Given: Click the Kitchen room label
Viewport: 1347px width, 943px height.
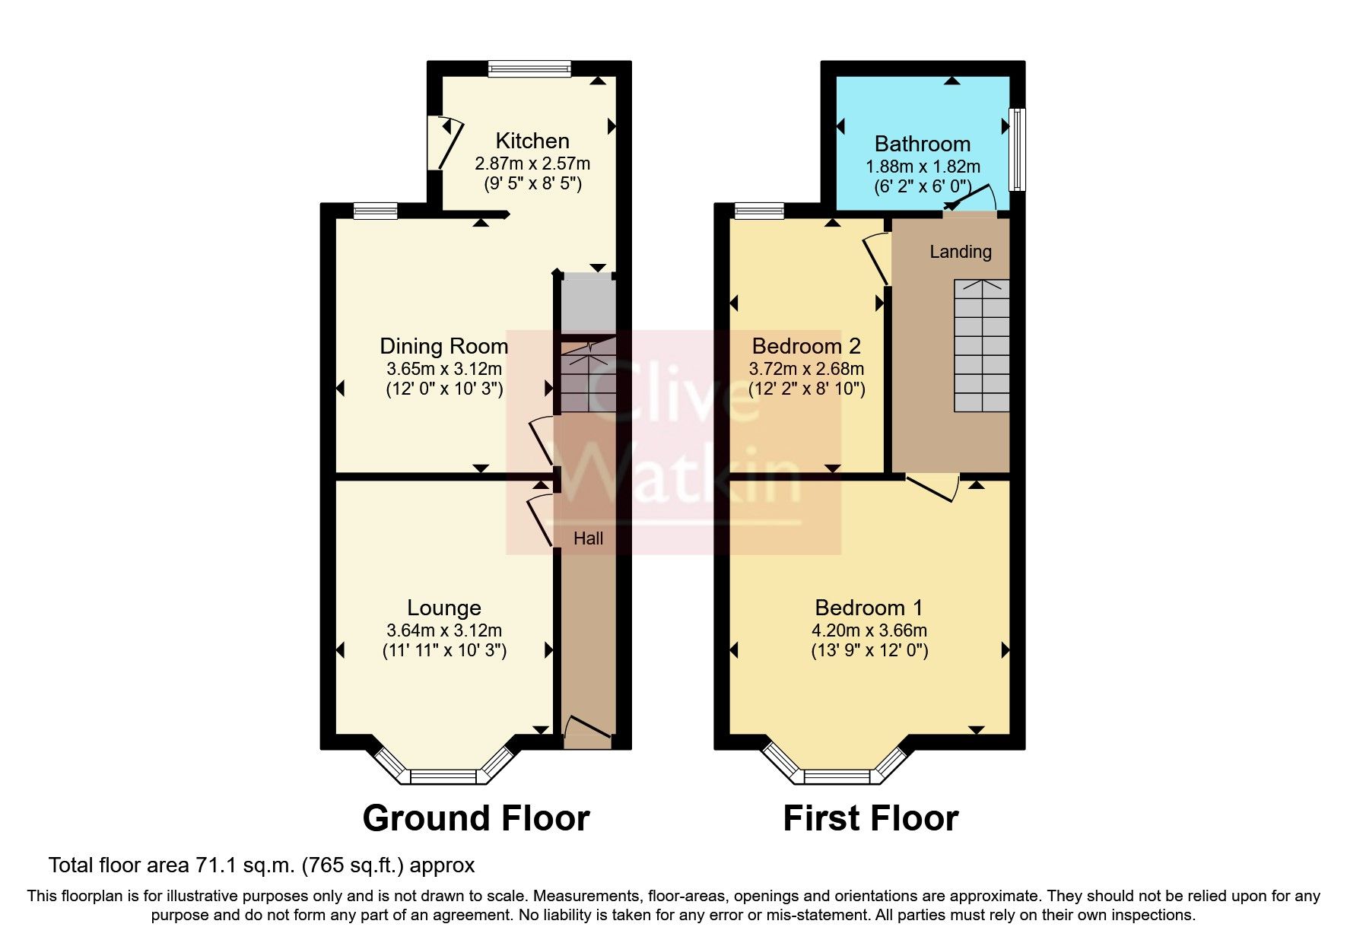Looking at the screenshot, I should [x=532, y=141].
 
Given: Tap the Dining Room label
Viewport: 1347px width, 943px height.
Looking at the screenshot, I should [x=443, y=346].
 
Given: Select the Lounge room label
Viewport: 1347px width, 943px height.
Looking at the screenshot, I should [x=444, y=608].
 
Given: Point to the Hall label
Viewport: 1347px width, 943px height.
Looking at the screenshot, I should [x=588, y=538].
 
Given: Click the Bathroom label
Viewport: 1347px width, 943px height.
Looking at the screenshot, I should [x=922, y=144].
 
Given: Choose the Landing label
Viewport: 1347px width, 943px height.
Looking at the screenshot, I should [x=961, y=252].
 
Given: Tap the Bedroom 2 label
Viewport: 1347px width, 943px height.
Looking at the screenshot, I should [x=806, y=346].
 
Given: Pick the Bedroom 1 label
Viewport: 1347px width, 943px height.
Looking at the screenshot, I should [x=869, y=608].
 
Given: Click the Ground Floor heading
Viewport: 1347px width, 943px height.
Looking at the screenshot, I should [x=476, y=818].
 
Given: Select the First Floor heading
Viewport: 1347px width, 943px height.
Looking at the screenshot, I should [x=870, y=818].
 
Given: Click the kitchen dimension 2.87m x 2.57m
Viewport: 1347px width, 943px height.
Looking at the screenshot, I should [x=532, y=164].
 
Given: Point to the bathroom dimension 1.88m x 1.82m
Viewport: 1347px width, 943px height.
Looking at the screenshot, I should [x=923, y=166].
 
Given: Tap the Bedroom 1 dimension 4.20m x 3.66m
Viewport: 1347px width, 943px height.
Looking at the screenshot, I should [x=869, y=630].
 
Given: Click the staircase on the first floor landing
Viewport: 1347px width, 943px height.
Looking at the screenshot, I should [x=982, y=346].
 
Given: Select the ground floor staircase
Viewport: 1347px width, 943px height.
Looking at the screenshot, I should [x=587, y=376].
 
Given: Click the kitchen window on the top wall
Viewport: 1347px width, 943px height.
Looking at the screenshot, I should [x=529, y=69].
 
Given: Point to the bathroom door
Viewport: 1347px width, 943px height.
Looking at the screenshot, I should [x=971, y=199].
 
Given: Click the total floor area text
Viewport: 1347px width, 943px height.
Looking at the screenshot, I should [x=262, y=865].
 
